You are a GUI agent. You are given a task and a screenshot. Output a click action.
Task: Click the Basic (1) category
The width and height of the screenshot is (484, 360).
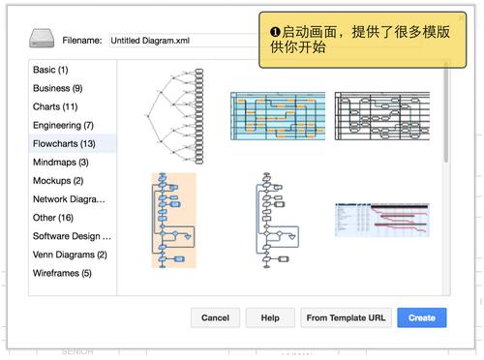[50, 70]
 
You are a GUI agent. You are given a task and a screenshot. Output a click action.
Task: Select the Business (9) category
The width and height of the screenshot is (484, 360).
[58, 88]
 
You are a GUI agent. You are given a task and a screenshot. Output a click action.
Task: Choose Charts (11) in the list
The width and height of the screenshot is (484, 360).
[55, 106]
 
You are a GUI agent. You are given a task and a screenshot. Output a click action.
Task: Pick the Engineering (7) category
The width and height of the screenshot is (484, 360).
[63, 125]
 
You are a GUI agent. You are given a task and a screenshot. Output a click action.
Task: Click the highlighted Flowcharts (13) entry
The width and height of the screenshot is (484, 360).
[64, 143]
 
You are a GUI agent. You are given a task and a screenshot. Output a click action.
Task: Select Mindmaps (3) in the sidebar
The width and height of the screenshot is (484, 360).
[61, 162]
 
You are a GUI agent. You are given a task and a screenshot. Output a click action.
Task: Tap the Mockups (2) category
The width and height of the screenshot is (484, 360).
[58, 180]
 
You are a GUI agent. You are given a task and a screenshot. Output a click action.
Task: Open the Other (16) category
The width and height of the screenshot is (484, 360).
[53, 218]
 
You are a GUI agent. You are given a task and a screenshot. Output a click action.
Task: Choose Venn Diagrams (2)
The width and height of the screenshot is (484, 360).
[70, 255]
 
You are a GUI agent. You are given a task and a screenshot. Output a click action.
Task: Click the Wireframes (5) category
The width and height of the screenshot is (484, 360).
[62, 273]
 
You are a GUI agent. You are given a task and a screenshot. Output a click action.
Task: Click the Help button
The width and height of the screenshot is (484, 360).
[270, 317]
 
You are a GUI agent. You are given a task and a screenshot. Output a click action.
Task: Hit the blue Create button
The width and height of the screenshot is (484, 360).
[422, 317]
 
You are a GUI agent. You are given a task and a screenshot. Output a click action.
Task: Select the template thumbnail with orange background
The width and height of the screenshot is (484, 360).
[174, 220]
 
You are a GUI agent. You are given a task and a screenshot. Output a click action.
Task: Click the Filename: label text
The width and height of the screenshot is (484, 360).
[82, 41]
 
